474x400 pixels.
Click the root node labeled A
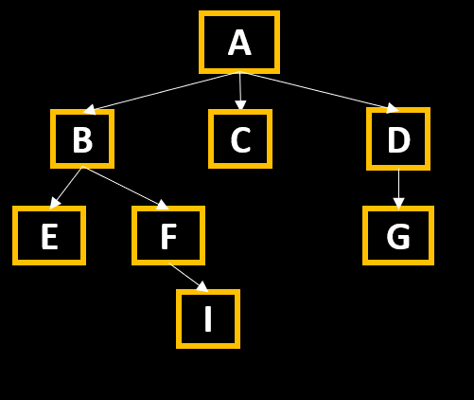pos(239,43)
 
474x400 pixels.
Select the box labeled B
pos(82,138)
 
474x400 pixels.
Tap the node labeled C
pos(240,138)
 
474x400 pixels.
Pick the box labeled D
pos(398,138)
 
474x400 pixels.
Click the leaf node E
pos(49,235)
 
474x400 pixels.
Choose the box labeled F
pos(168,235)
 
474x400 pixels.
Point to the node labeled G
pos(398,235)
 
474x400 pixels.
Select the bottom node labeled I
pos(208,318)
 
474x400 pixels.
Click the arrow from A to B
pos(162,93)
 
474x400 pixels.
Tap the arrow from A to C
pos(240,91)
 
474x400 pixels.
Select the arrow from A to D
pos(319,92)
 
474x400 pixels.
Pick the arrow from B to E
pos(66,188)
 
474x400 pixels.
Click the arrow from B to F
pos(126,188)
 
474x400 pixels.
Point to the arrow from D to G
pos(398,189)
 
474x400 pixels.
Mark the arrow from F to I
pos(188,277)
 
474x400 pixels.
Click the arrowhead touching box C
pos(240,105)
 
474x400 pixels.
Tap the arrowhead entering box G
pos(398,204)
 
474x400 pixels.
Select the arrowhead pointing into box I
pos(203,287)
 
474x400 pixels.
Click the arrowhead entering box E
pos(54,203)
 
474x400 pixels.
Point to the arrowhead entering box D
pos(393,108)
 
